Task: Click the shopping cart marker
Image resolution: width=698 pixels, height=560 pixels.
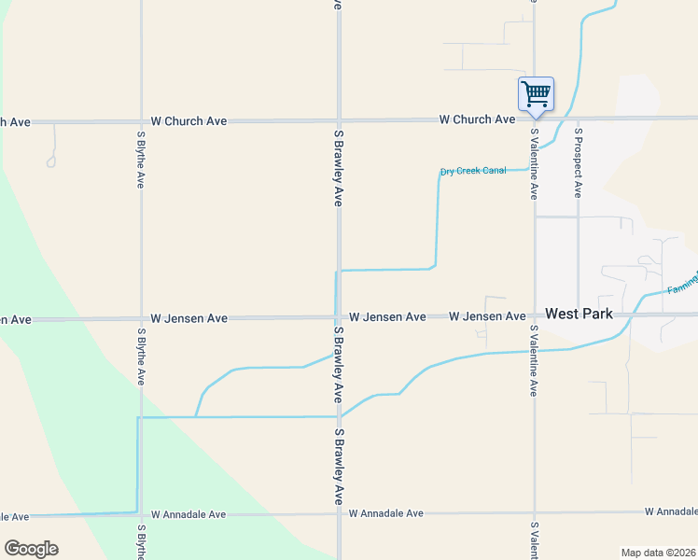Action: point(536,94)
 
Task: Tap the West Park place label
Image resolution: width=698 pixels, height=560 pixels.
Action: point(579,315)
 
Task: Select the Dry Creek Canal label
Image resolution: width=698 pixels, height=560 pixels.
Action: point(473,171)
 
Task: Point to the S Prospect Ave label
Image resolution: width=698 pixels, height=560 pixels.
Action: point(579,163)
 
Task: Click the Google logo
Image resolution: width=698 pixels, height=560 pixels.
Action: point(31,549)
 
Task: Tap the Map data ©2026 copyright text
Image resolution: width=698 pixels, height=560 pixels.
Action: point(659,553)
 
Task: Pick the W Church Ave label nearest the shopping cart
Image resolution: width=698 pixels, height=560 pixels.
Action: point(478,119)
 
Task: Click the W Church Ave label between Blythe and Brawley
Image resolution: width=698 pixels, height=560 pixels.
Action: point(188,121)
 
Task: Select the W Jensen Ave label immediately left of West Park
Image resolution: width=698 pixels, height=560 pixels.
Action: point(487,317)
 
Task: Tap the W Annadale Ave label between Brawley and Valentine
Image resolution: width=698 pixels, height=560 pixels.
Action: point(386,513)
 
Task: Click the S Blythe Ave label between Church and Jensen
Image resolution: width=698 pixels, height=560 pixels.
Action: point(140,154)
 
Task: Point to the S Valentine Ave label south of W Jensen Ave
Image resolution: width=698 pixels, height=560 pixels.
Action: point(534,360)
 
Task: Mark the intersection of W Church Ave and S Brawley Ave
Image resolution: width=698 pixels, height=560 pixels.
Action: point(339,121)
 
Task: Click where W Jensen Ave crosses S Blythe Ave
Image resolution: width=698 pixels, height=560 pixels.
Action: point(141,318)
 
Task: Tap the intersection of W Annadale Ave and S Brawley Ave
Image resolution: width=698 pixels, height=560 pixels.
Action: point(339,513)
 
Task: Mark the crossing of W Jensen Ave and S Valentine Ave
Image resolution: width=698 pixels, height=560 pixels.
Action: point(535,315)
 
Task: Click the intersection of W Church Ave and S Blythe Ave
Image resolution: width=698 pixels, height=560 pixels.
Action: point(141,121)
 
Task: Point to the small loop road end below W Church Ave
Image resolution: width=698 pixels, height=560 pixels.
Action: point(51,162)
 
